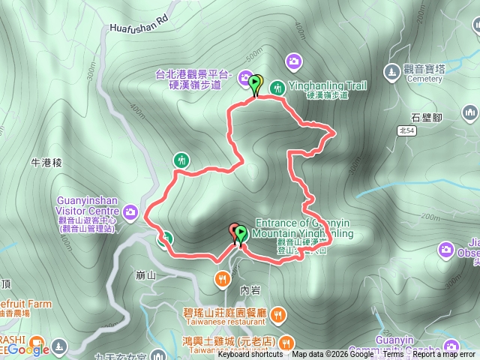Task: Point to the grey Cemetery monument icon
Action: click(391, 71)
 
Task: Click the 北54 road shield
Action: click(406, 130)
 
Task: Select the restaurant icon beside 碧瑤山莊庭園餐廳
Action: click(277, 313)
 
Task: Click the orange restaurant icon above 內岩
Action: click(223, 280)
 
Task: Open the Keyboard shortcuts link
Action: click(250, 355)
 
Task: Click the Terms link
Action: click(394, 355)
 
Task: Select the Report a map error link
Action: click(445, 355)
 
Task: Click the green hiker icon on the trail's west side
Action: click(181, 160)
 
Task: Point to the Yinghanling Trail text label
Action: click(328, 86)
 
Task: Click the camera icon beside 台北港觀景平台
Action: click(246, 76)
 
